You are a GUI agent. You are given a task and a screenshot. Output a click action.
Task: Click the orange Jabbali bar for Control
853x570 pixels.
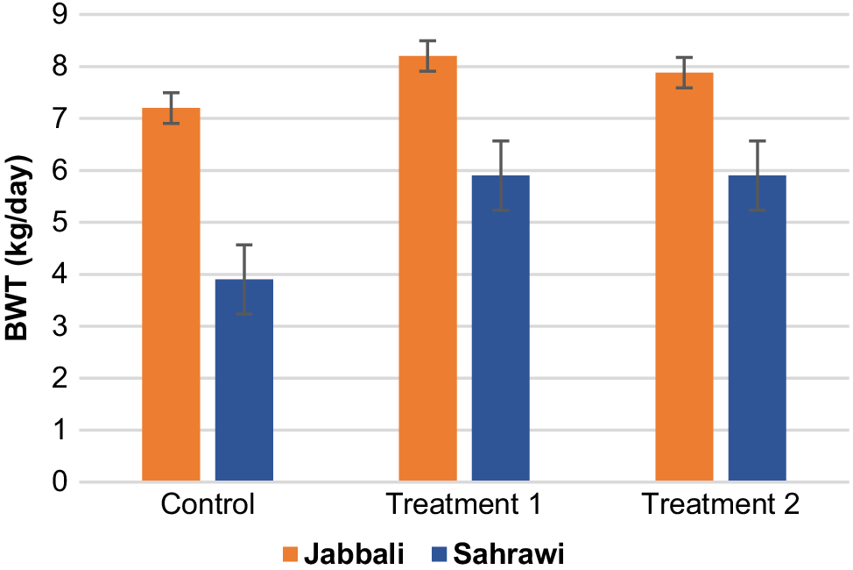coord(171,295)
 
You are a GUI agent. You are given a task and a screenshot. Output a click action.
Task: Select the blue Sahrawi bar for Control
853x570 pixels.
coord(244,380)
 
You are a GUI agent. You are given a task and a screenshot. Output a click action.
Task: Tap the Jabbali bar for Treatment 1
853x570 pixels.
coord(427,268)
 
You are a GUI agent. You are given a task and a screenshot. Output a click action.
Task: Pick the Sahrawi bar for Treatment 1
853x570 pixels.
coord(500,328)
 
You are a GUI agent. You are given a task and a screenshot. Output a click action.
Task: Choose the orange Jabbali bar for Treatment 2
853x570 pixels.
coord(684,277)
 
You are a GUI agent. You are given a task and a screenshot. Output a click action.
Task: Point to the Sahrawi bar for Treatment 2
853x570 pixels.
coord(758,328)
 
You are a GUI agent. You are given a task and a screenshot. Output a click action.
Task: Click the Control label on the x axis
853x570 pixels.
coord(208,504)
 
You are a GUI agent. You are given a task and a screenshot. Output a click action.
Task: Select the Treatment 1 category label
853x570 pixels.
coord(463,504)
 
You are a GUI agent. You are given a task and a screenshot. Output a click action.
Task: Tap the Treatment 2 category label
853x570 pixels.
coord(721,504)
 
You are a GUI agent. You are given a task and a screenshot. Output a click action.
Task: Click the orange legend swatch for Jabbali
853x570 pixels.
coord(290,555)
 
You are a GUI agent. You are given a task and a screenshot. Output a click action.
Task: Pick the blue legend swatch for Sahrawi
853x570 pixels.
coord(439,555)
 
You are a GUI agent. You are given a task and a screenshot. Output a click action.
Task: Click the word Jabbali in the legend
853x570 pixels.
coord(354,554)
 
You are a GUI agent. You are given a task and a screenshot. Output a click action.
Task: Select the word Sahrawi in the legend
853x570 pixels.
coord(509,554)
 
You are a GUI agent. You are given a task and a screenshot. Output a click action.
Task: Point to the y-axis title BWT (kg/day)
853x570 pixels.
coord(18,248)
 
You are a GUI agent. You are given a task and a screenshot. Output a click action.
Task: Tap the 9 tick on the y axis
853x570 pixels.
coord(60,15)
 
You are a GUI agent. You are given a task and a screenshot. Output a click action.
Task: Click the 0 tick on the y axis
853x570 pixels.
coord(60,481)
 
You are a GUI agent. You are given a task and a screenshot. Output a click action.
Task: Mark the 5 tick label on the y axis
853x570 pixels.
coord(60,223)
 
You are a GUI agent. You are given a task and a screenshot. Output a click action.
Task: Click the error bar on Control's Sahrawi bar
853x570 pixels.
coord(244,280)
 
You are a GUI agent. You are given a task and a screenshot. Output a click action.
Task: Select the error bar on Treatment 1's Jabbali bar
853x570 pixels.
coord(427,56)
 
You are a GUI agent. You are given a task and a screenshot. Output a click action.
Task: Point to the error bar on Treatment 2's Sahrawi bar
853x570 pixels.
coord(758,175)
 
